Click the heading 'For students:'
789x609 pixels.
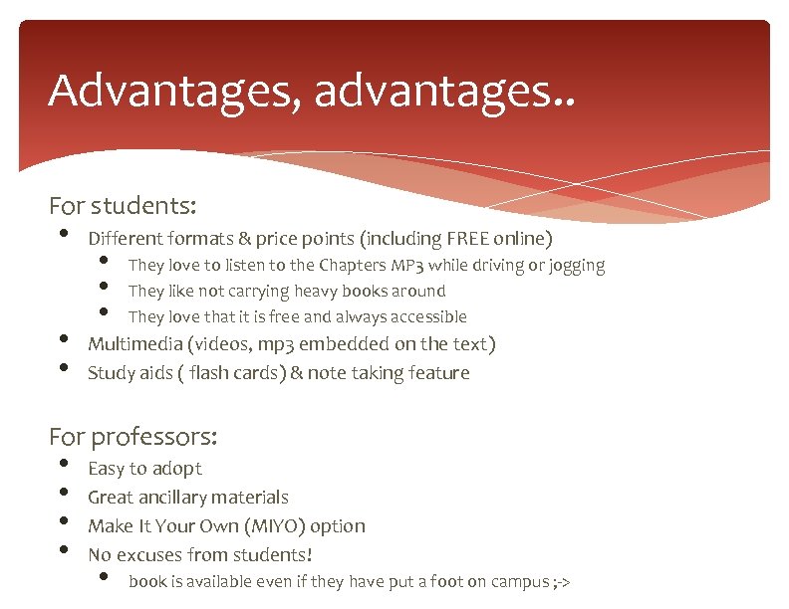[123, 206]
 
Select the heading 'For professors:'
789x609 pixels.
[133, 436]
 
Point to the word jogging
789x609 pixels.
[573, 266]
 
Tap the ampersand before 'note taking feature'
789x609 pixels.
[297, 373]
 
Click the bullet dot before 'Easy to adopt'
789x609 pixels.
[64, 465]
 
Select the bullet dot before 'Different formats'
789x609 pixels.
[64, 235]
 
